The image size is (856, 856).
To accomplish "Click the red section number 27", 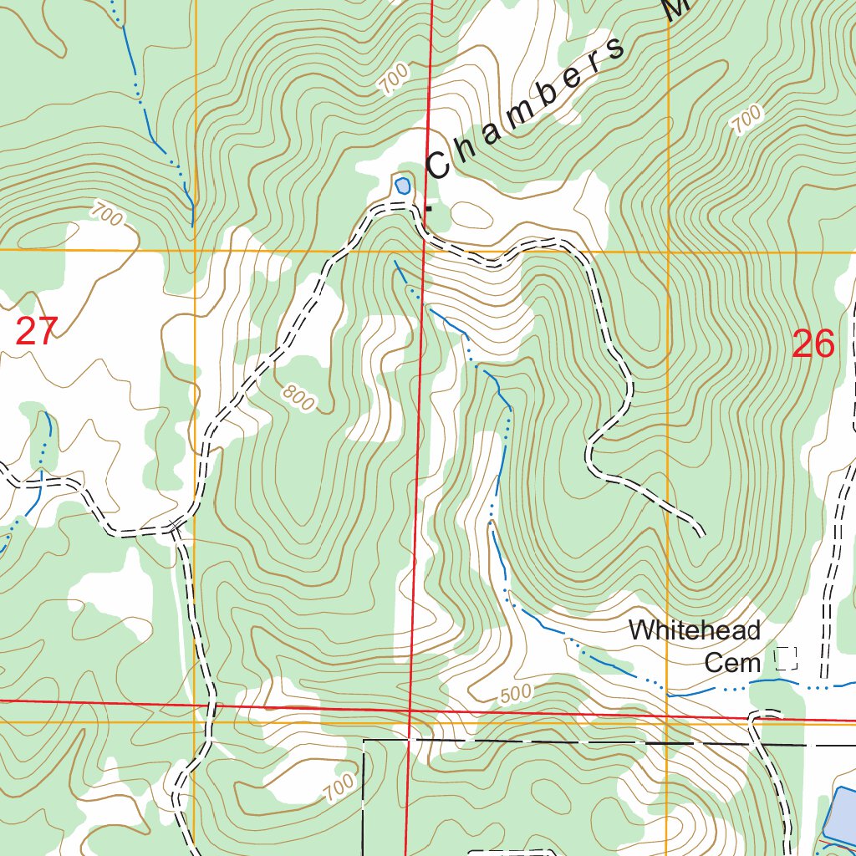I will [x=36, y=332].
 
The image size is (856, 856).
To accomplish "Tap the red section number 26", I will [x=813, y=344].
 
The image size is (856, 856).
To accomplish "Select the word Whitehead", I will [x=694, y=630].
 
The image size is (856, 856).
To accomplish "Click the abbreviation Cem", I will [x=732, y=663].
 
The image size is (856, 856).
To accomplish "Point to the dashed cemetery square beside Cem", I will [x=786, y=659].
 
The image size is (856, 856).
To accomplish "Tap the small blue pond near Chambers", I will [x=402, y=185].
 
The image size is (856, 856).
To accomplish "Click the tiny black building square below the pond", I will [x=430, y=207].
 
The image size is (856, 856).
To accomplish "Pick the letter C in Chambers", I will [x=438, y=165].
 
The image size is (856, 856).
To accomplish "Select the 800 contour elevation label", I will [x=298, y=398].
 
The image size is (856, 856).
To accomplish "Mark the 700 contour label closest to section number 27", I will [x=107, y=214].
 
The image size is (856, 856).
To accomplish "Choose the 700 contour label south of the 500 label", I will [x=338, y=787].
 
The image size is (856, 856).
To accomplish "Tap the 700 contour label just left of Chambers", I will [x=394, y=79].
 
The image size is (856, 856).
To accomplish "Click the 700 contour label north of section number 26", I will [x=746, y=119].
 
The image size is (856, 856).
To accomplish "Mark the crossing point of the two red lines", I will [x=411, y=711].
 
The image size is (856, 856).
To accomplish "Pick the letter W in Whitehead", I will [x=639, y=630].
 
